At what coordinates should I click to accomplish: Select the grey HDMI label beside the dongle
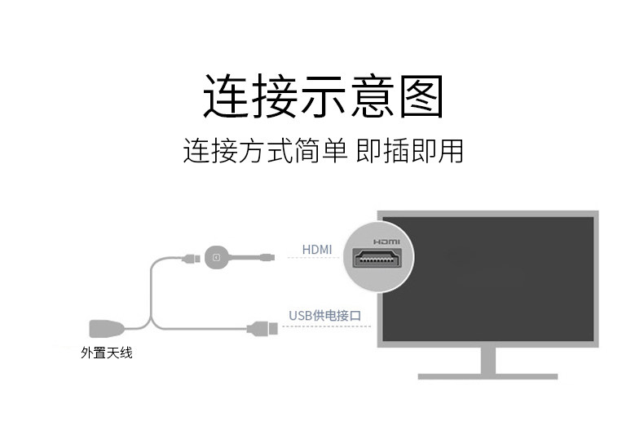coord(317,249)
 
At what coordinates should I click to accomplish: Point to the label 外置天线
coord(106,353)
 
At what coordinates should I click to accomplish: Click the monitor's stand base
coord(487,375)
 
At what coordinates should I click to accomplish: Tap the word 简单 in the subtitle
coord(321,151)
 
